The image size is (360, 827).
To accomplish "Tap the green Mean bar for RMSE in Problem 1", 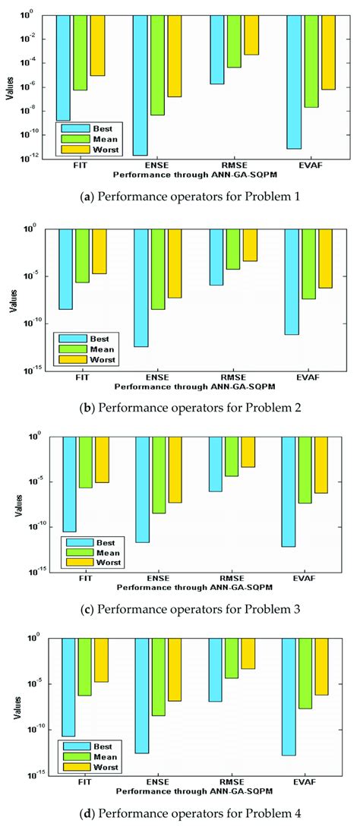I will [234, 41].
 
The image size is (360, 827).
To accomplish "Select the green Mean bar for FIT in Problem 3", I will [85, 462].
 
